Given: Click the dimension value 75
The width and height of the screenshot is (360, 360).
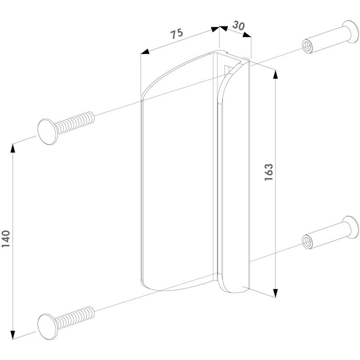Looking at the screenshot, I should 177,35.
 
